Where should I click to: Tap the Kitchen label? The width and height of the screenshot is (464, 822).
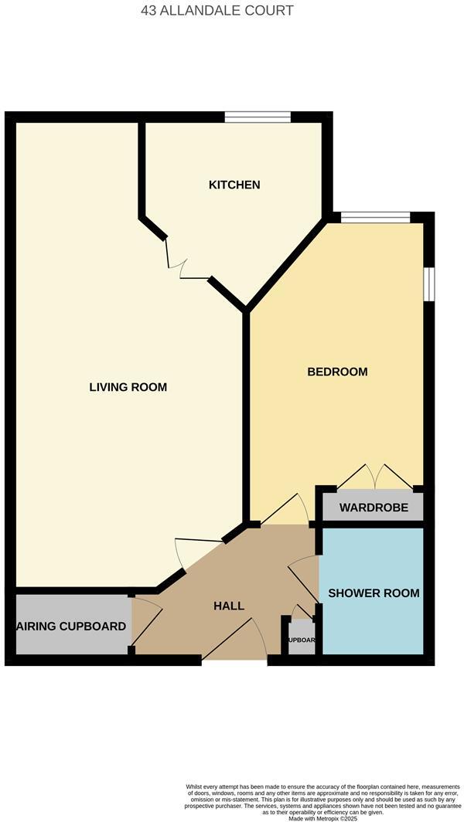234,185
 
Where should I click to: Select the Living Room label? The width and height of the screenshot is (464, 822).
128,387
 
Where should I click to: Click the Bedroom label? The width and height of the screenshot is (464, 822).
337,372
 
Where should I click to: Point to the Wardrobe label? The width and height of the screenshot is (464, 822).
368,509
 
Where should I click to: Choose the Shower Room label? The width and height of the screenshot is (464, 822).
374,593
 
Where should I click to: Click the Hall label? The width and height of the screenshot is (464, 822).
229,606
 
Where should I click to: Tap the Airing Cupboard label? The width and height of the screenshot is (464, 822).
71,627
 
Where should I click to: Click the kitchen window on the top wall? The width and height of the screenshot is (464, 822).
258,117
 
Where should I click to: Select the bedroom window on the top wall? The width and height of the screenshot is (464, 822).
375,217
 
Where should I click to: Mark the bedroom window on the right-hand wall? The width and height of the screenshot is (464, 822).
428,281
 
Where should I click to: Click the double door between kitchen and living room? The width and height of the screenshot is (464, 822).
186,263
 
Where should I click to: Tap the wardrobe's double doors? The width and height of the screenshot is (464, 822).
375,477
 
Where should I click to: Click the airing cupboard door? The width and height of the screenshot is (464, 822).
147,622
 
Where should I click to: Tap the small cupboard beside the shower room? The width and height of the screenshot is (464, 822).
301,640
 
